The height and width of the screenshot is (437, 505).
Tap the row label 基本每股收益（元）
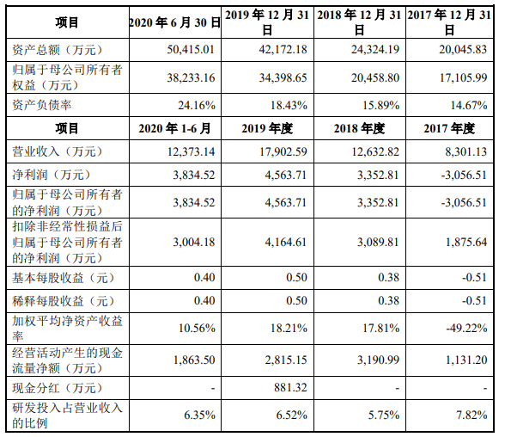point(62,279)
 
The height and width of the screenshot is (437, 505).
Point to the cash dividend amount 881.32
point(288,387)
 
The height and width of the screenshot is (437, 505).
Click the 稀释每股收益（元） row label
point(62,301)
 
